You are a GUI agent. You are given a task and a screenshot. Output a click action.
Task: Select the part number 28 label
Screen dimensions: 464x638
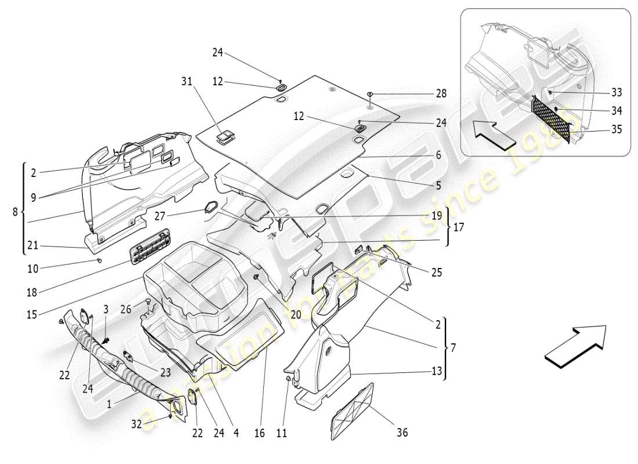point(442,94)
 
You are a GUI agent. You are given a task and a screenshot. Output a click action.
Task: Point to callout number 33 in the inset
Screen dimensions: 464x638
point(616,92)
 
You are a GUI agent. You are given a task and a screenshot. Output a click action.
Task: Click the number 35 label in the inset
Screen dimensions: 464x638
point(616,129)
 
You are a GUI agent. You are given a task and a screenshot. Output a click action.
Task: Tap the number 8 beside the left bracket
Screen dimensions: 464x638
point(15,212)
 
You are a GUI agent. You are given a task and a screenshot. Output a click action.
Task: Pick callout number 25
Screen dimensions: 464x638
point(437,271)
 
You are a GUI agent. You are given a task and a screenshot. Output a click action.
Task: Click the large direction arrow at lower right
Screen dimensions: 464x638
point(574,346)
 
